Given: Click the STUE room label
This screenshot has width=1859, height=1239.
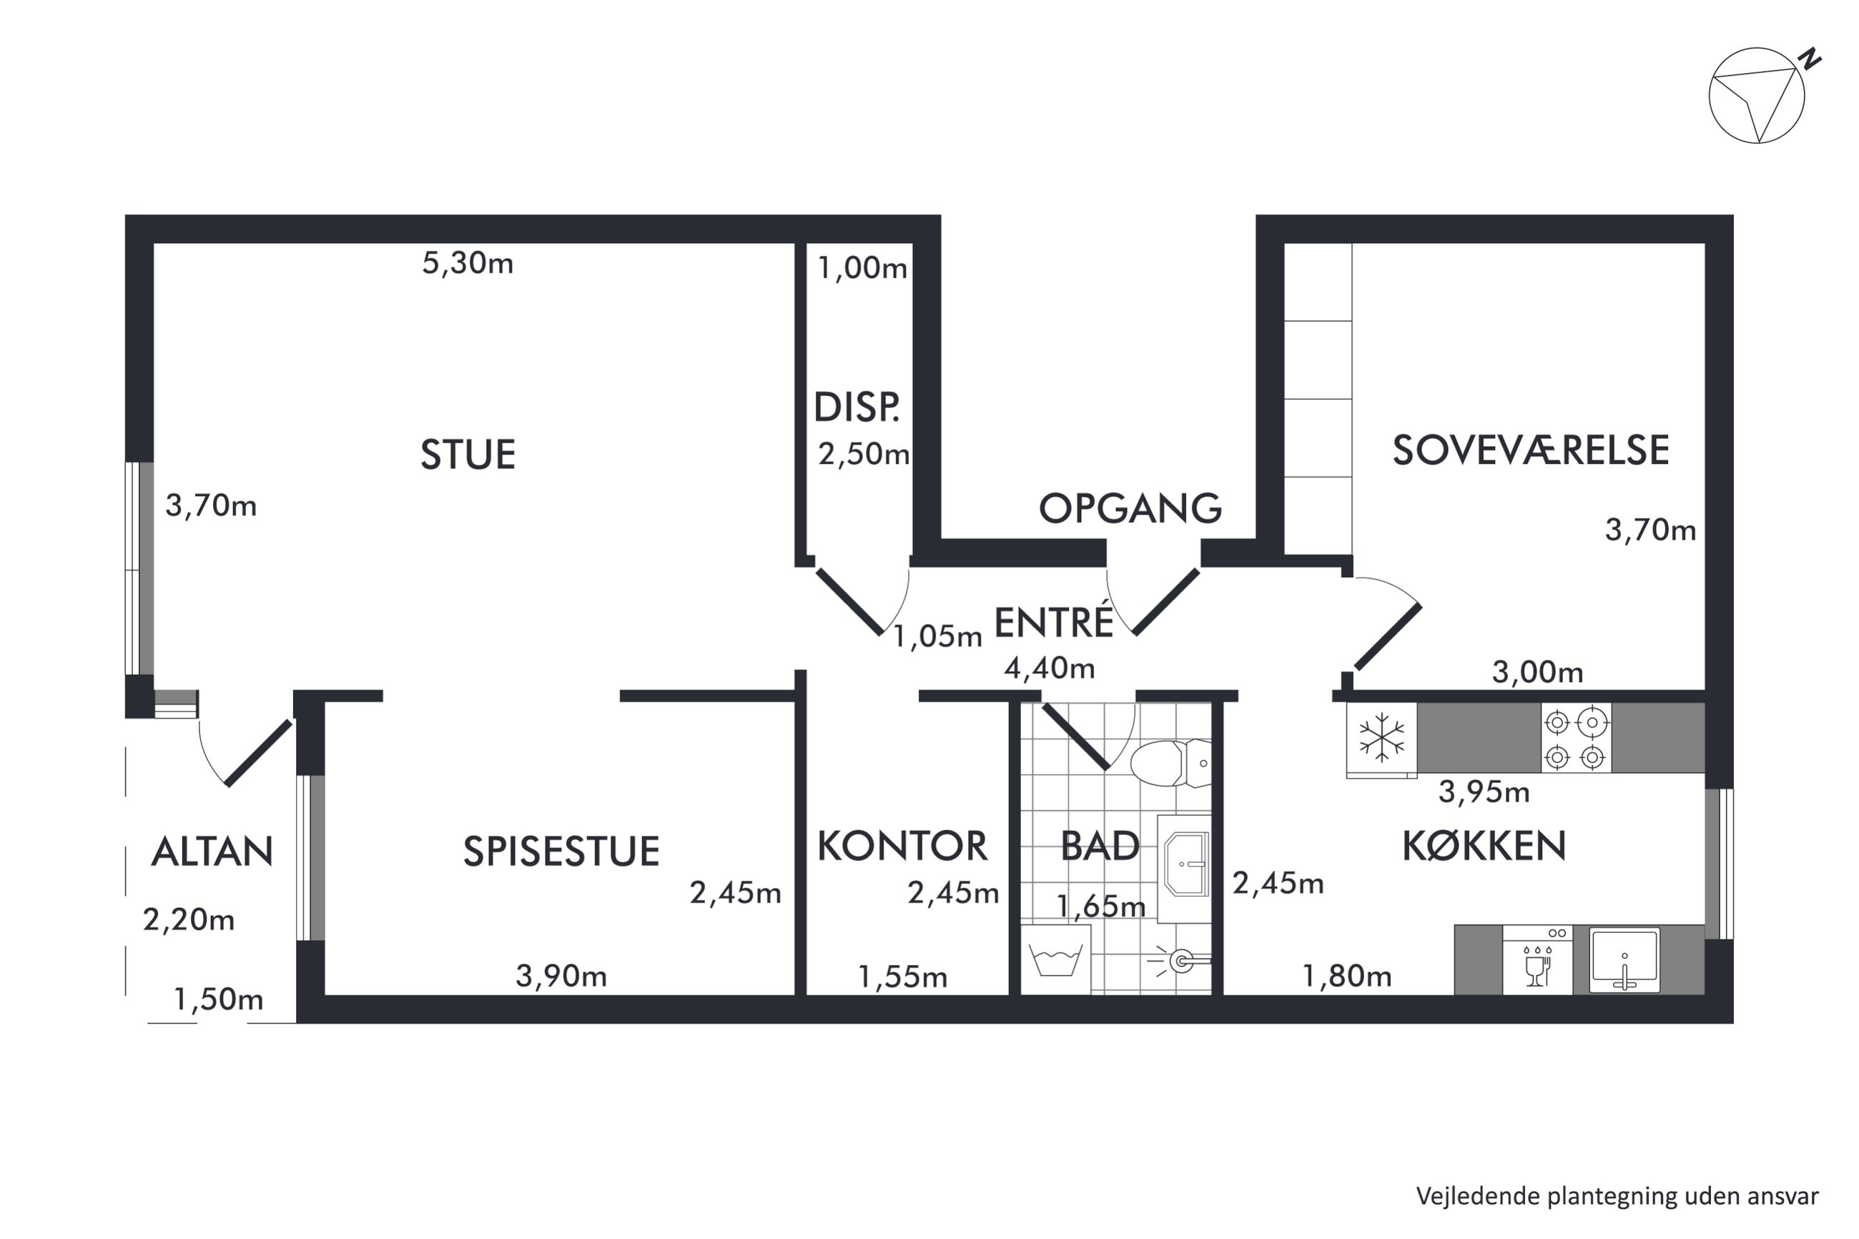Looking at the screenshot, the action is pyautogui.click(x=468, y=455).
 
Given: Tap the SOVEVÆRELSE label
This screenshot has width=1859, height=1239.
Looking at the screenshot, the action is pyautogui.click(x=1530, y=450).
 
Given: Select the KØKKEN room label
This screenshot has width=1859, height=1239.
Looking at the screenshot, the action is pyautogui.click(x=1484, y=846).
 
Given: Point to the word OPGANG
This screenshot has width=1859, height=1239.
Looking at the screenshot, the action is pyautogui.click(x=1130, y=508).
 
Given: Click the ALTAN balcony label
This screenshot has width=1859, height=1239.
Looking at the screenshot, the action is pyautogui.click(x=212, y=851).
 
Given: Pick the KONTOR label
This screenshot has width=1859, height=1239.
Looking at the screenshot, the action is pyautogui.click(x=902, y=846).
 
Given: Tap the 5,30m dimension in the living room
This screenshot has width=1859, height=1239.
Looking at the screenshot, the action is pyautogui.click(x=468, y=263).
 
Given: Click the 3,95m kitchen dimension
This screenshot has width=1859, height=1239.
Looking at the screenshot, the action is pyautogui.click(x=1484, y=791).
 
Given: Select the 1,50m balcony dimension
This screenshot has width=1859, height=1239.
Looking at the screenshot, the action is pyautogui.click(x=218, y=1000).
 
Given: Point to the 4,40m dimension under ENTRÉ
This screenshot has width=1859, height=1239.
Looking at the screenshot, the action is pyautogui.click(x=1049, y=668).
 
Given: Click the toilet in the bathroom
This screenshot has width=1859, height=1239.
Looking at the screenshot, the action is pyautogui.click(x=1170, y=764).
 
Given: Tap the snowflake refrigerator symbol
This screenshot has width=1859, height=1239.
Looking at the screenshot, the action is pyautogui.click(x=1382, y=738).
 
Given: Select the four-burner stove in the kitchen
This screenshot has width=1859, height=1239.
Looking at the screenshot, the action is pyautogui.click(x=1576, y=738).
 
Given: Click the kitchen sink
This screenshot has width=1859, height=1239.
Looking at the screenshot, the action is pyautogui.click(x=1624, y=960).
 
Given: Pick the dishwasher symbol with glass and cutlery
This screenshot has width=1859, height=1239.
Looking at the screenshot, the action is pyautogui.click(x=1537, y=959).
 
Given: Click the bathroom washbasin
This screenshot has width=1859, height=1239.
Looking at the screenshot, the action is pyautogui.click(x=1184, y=866).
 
